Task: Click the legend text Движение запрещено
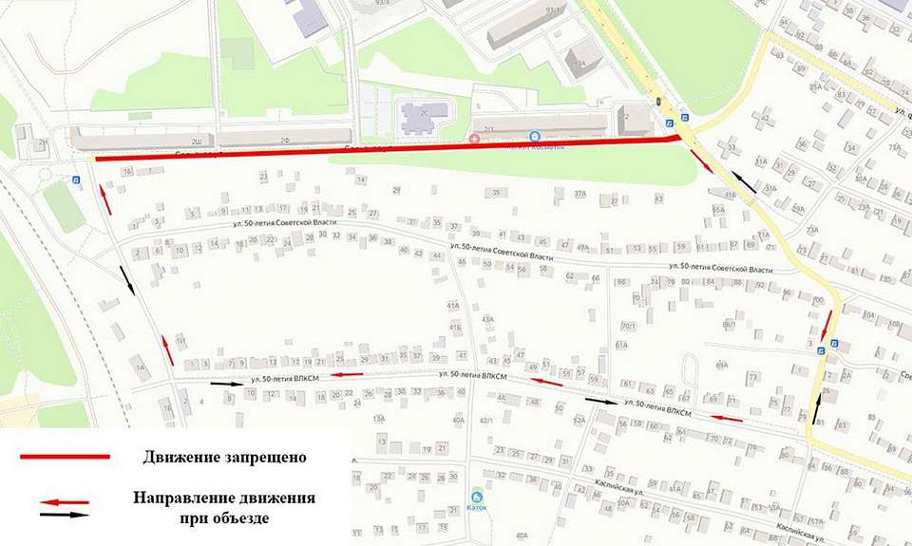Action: point(225,457)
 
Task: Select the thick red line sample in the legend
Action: point(65,457)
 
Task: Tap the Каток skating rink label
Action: point(476,506)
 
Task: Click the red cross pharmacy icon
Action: point(476,140)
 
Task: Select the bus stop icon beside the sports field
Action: point(76,178)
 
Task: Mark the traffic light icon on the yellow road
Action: point(656,101)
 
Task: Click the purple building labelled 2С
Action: point(416,119)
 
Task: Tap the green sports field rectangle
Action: point(65,207)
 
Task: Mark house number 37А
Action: point(581,194)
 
